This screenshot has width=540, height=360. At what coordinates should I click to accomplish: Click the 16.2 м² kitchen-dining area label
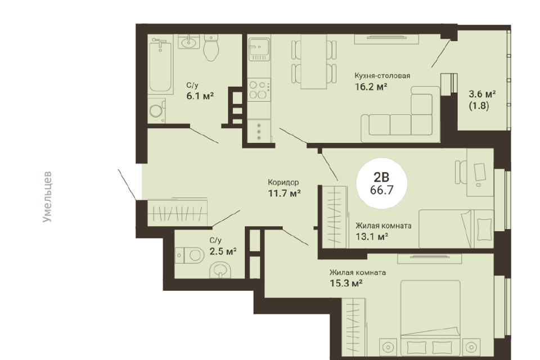pos(371,87)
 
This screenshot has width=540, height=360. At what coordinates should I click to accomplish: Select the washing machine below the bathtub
pos(157,110)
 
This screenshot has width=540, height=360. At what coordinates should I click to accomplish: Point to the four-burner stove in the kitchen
pos(259,89)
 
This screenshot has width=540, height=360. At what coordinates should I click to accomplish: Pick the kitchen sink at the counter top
pos(259,49)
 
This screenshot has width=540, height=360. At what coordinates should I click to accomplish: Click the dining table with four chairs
pos(314,62)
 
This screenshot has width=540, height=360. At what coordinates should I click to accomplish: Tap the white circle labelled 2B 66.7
pos(381,183)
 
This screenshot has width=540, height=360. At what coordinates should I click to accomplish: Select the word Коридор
pos(283,182)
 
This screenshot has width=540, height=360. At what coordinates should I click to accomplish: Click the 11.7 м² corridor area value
pos(285,193)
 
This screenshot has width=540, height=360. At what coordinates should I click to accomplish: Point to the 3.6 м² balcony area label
pos(482,94)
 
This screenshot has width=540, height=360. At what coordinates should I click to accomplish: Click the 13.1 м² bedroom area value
pos(372,237)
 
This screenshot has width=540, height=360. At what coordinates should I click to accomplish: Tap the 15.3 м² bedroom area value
pos(346,283)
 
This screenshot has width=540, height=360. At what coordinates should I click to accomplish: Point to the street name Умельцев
pos(47,196)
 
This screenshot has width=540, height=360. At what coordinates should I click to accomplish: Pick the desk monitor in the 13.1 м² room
pos(479,172)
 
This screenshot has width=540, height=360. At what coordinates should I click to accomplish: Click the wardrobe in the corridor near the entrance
pos(177,212)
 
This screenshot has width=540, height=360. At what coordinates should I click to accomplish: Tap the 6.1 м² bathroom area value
pos(200,96)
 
